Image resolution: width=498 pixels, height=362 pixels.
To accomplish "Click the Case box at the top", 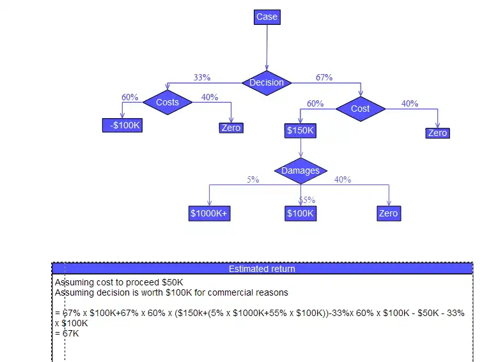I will coord(267,17).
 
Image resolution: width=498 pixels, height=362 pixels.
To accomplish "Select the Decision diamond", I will coord(267,82).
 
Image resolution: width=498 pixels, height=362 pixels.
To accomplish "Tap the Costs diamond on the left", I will coord(167,102).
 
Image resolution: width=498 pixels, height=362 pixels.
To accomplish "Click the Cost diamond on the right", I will coord(361,109).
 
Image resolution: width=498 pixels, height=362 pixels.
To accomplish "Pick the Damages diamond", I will coord(300,170).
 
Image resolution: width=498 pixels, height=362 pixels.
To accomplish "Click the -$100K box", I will coord(123,125).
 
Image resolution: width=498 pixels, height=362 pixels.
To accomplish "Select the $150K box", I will coord(300,131).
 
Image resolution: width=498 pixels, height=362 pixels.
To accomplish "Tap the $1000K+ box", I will coord(209,213).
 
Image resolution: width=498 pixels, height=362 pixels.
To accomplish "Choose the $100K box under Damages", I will coord(300,213).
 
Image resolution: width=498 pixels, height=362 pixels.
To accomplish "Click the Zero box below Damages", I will coord(388,213).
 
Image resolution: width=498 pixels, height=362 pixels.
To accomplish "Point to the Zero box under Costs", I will coord(231,128).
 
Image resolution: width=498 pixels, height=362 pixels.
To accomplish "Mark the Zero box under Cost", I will coord(437,133).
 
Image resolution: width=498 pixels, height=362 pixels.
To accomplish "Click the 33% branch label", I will coord(202,77).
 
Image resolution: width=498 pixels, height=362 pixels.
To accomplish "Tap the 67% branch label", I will coord(324,77).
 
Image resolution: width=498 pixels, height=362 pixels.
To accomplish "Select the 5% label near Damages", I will coord(253,179).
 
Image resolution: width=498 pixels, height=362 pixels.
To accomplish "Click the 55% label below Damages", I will coord(307,200).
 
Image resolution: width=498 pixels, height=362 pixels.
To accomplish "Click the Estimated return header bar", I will coord(262,269).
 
